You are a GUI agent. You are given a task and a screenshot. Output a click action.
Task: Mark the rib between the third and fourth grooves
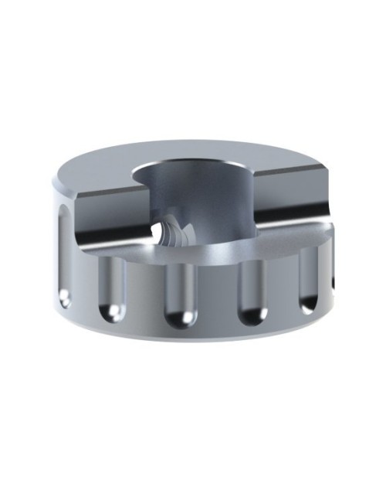(x=217, y=298)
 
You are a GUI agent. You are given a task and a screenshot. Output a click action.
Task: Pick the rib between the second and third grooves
(x=147, y=298)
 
